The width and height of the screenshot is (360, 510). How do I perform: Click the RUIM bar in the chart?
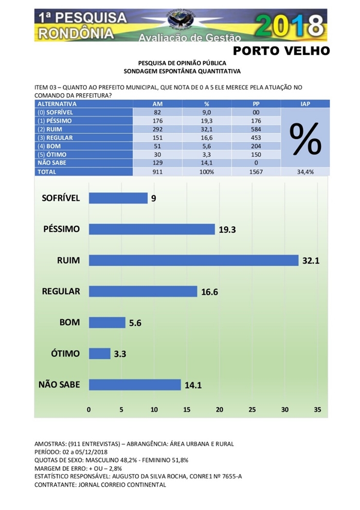pos(193,260)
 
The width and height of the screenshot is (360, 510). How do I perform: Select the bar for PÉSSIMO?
pos(152,229)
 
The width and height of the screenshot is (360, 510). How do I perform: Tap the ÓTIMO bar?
pos(100,354)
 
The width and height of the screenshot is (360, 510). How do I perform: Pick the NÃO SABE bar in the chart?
pos(135,384)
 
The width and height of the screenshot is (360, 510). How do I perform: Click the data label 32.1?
pos(311,260)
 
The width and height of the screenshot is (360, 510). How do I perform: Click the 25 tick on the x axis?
pos(252,410)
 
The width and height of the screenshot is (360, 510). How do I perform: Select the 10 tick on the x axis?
pos(154,410)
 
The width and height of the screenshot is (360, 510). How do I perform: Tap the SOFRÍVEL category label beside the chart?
pos(61,198)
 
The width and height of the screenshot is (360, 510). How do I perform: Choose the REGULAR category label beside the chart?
pos(61,291)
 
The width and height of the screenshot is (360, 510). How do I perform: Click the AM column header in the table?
pos(158,103)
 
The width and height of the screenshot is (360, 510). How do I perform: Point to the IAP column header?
pos(305,103)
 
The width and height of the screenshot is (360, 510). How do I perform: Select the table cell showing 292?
pos(158,129)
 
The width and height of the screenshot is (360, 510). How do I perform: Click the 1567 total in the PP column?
pos(255,172)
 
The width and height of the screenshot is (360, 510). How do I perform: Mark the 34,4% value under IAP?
pos(305,172)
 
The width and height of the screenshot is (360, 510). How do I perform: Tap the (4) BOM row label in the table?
pos(51,146)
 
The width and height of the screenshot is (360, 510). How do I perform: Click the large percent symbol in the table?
pos(305,138)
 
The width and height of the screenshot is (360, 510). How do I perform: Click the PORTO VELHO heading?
pos(281,50)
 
